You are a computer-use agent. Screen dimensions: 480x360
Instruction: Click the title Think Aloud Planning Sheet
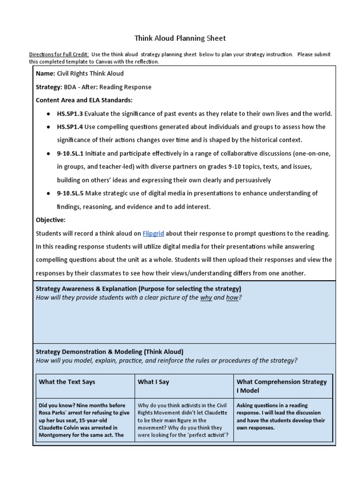tap(180, 38)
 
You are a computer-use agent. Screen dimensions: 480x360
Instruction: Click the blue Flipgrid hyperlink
tap(154, 233)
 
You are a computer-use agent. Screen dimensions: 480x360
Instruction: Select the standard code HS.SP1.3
tap(70, 113)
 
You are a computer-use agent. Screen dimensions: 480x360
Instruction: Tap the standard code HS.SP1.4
tap(70, 127)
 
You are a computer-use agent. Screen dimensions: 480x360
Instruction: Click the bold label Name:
tap(45, 74)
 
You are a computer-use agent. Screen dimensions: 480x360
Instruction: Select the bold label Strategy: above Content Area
tap(49, 87)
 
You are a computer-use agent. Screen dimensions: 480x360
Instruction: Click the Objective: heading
tap(51, 220)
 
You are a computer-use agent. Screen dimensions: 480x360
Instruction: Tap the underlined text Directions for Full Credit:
tap(59, 54)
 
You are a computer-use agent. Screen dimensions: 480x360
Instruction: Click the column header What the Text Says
tap(67, 382)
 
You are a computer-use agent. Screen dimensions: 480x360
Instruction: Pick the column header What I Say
tap(153, 382)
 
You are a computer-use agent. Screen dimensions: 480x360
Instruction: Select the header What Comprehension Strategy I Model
tap(281, 386)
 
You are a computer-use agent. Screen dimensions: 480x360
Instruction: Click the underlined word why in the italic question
tap(206, 298)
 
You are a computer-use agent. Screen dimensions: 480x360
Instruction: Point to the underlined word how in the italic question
tap(232, 298)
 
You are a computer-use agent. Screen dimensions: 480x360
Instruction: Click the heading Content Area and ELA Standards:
tap(84, 100)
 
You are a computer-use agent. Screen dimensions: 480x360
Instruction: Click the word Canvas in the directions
tap(108, 61)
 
